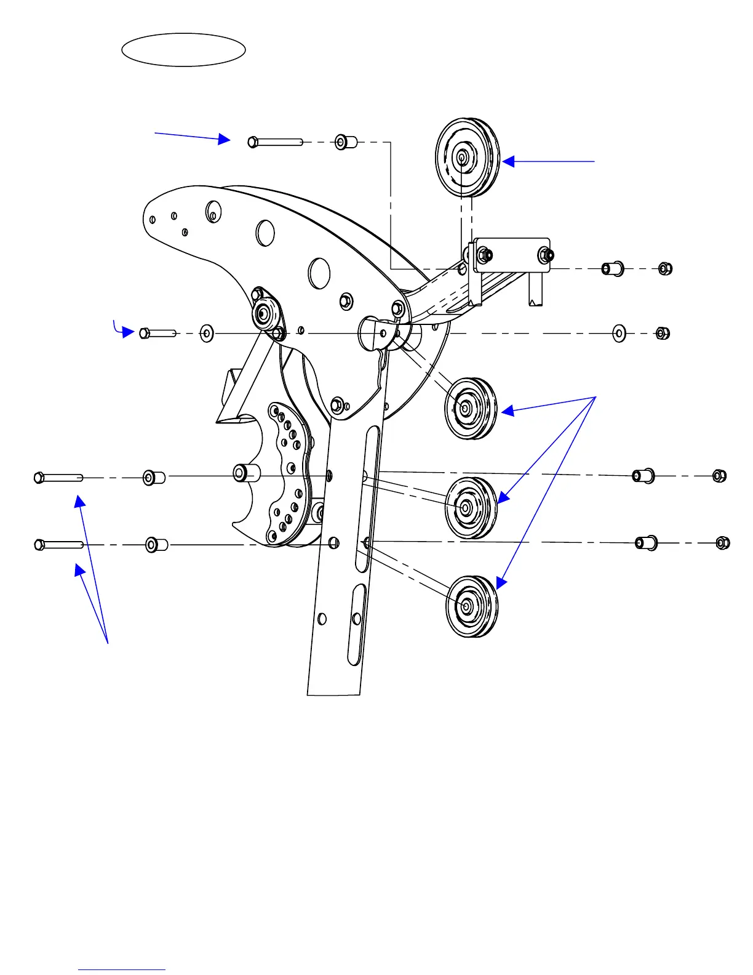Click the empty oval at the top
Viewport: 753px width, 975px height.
click(183, 50)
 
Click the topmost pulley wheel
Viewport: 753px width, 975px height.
click(467, 158)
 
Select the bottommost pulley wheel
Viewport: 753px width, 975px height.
click(471, 606)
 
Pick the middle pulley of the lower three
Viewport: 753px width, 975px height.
click(471, 507)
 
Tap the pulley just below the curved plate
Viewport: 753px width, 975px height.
click(470, 408)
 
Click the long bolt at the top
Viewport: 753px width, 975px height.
click(276, 142)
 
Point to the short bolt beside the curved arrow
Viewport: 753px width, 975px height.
click(157, 333)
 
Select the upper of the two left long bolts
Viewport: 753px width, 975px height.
click(58, 477)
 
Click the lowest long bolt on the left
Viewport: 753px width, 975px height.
click(58, 545)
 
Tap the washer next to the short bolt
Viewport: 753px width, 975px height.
click(207, 334)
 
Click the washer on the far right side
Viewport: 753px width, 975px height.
click(619, 334)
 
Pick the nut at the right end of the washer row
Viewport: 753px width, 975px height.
click(662, 334)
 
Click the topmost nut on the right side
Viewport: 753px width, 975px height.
click(665, 268)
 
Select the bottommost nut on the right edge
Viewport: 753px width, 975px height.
click(723, 543)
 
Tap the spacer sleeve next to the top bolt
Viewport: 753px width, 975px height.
click(346, 143)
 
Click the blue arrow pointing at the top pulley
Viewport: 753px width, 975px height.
click(548, 161)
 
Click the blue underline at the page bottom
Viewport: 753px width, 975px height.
click(121, 969)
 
